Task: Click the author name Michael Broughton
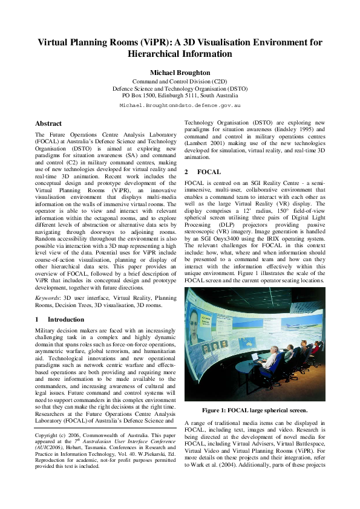pos(180,73)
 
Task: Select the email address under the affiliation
pos(180,105)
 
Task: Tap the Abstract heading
pos(48,123)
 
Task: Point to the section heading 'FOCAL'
pos(209,172)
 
